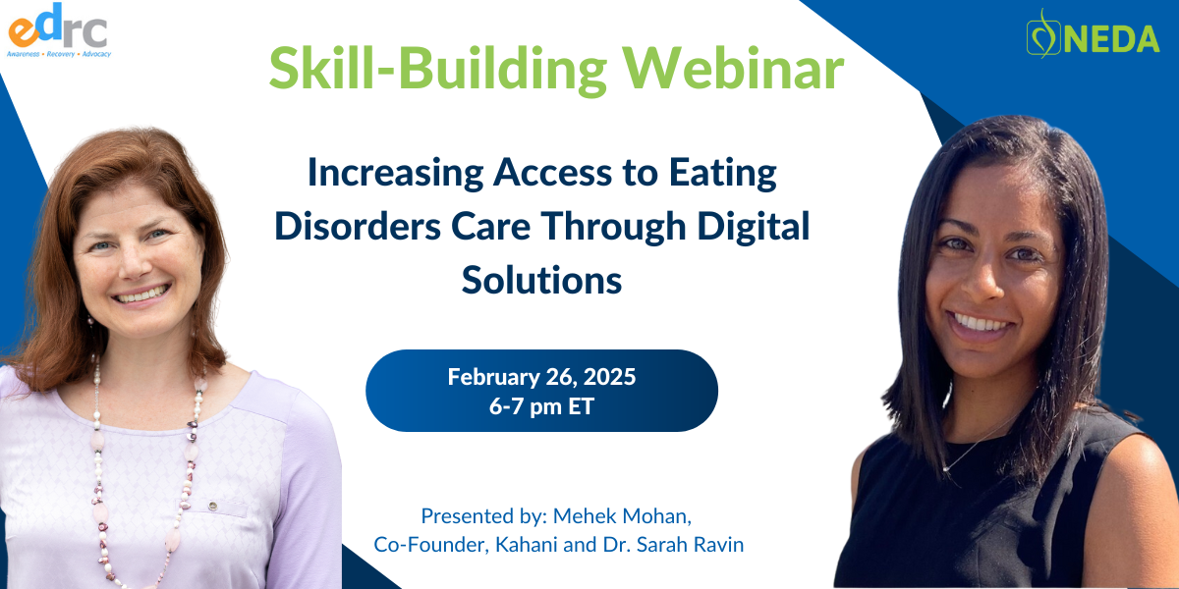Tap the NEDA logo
tap(1093, 33)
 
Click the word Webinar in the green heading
tap(733, 69)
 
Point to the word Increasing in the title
tap(395, 174)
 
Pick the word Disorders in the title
tap(358, 226)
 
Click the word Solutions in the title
tap(541, 280)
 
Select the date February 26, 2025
tap(541, 377)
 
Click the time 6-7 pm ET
tap(541, 406)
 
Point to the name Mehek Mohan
tap(622, 516)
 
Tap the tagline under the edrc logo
tap(59, 54)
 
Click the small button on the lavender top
tap(212, 507)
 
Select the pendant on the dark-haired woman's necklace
tap(946, 468)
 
